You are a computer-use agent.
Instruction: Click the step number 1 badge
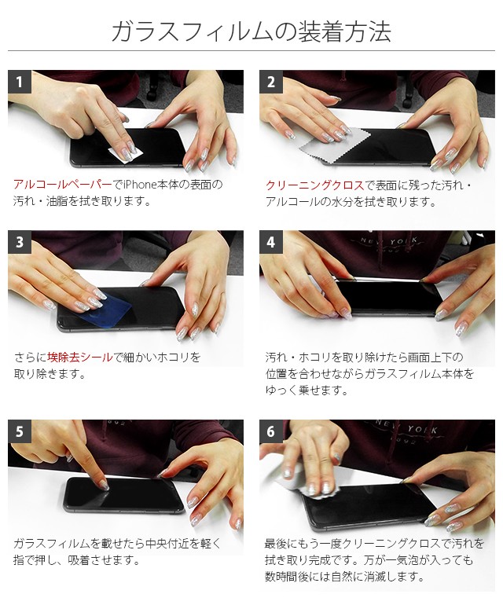(20, 82)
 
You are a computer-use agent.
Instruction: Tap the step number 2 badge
(270, 82)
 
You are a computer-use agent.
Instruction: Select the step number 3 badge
(20, 242)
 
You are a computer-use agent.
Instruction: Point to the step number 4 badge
(270, 242)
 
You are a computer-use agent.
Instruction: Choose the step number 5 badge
(20, 431)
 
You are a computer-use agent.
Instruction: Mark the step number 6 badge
(270, 431)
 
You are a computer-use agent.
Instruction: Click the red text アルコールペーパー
(63, 185)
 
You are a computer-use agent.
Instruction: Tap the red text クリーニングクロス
(314, 185)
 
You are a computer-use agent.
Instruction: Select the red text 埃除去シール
(80, 357)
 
